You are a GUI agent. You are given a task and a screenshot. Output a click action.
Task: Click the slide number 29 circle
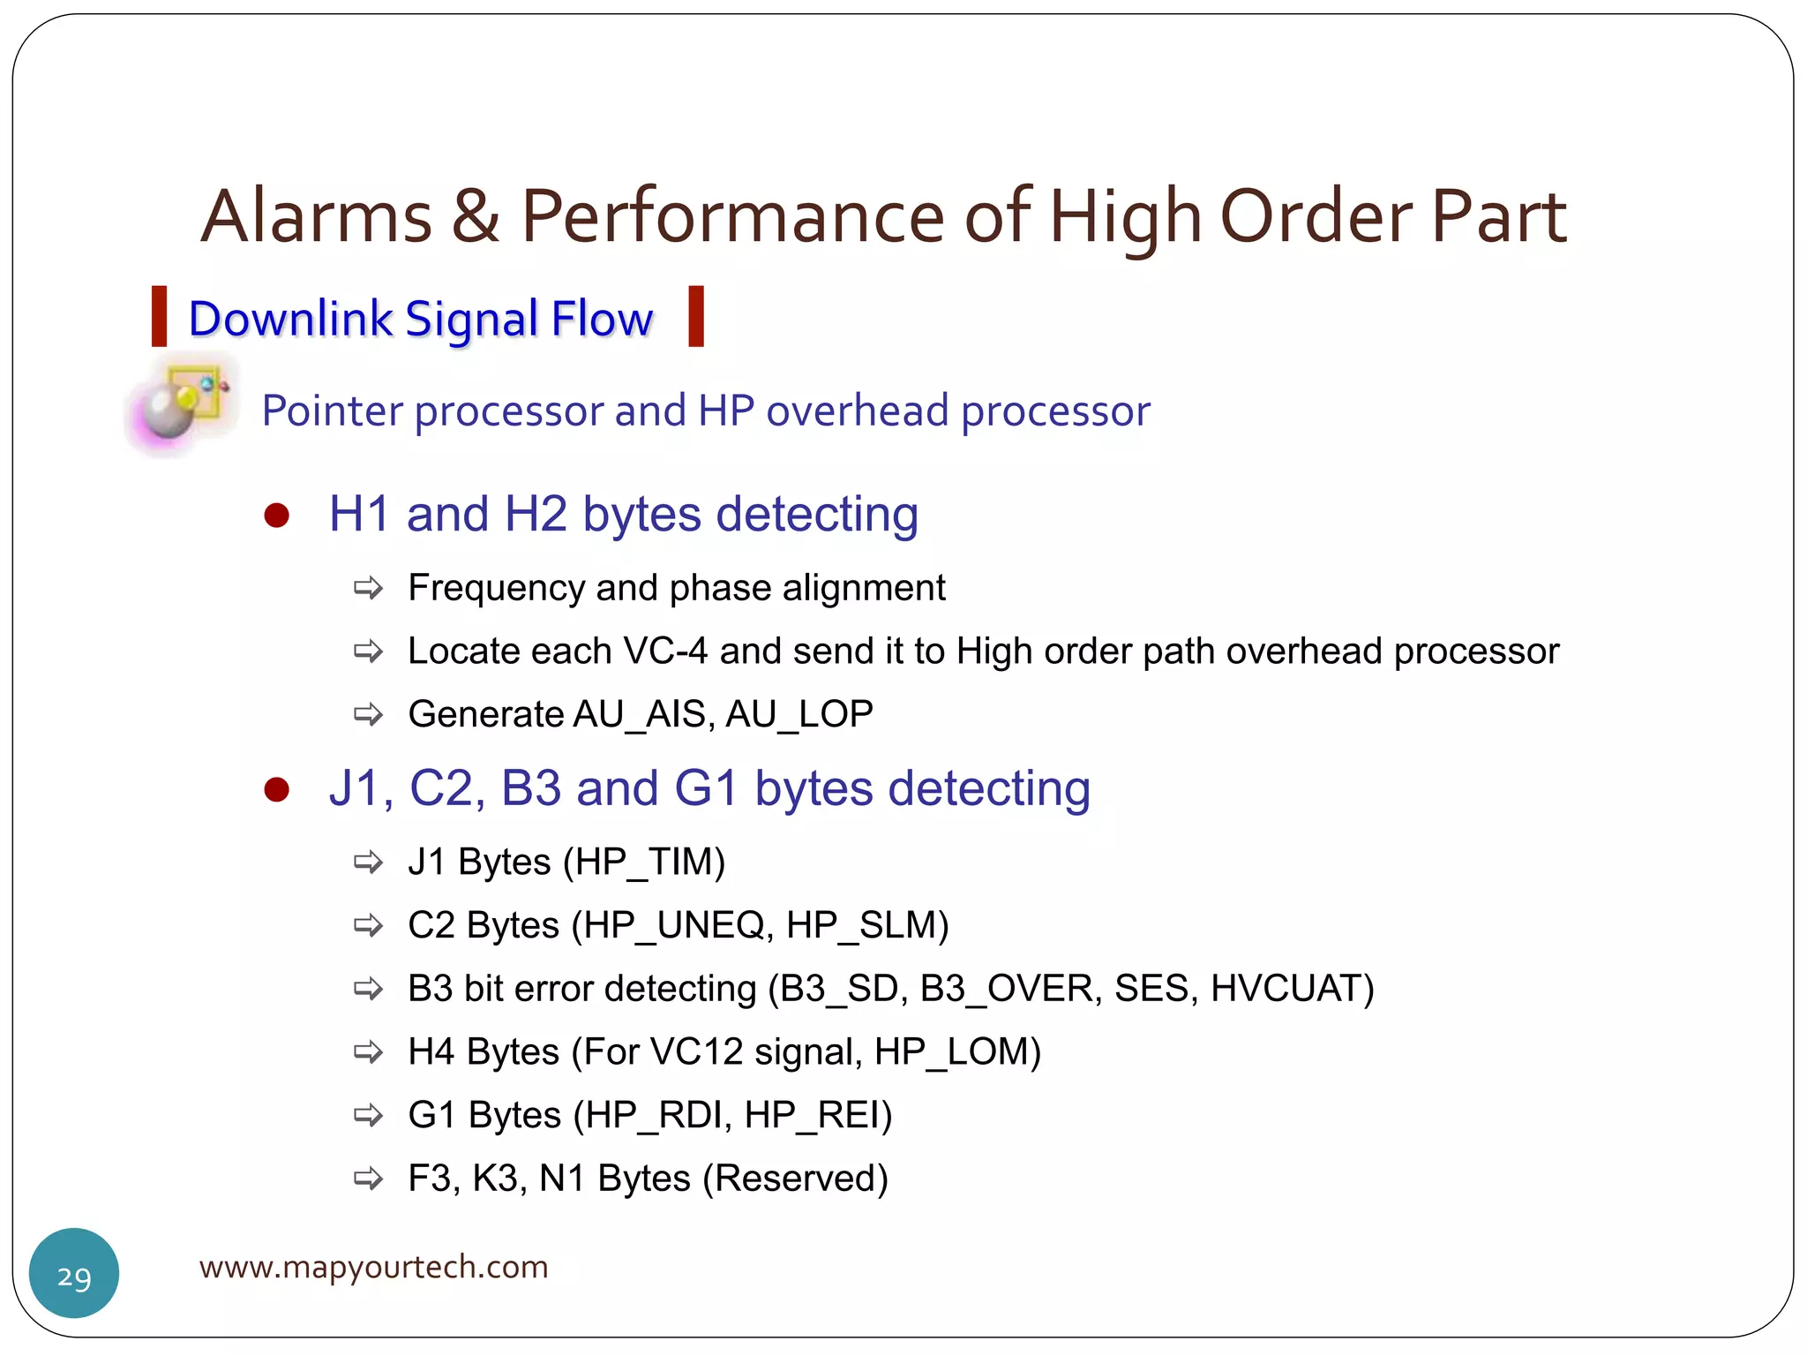[74, 1273]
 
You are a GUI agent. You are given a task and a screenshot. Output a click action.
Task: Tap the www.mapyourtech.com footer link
[373, 1267]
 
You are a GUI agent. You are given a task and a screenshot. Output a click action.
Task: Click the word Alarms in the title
[316, 216]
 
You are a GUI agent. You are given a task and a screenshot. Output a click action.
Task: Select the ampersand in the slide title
[476, 216]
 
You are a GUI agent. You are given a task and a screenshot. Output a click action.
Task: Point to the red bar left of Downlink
[160, 316]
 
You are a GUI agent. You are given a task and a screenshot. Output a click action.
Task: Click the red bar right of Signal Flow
[696, 316]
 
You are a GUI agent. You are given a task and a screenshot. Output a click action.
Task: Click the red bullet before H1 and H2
[277, 516]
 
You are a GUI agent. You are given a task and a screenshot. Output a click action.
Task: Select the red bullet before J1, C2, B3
[277, 789]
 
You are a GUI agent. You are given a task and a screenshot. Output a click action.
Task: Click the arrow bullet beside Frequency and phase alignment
[368, 588]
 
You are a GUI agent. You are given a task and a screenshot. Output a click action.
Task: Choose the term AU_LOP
[799, 714]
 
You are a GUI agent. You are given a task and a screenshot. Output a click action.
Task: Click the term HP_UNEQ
[673, 925]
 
